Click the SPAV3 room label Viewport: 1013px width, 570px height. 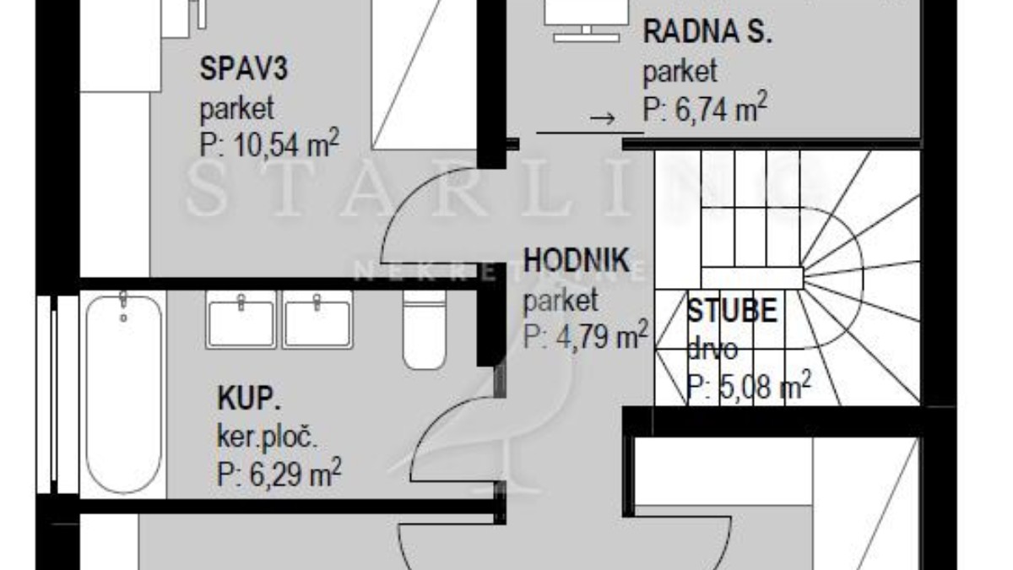point(243,69)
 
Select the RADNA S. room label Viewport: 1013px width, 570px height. point(707,32)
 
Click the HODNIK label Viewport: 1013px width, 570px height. point(576,260)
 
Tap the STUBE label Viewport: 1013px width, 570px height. point(732,311)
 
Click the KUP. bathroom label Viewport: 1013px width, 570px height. point(249,398)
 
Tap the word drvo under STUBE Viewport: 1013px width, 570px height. point(712,349)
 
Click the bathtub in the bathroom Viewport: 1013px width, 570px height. point(123,393)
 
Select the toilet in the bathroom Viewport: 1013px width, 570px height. point(424,329)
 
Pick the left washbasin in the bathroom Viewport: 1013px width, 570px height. point(241,319)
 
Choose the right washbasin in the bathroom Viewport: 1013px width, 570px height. point(317,319)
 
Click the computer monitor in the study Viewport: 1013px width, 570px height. point(587,20)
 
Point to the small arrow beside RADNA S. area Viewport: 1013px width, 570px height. point(603,118)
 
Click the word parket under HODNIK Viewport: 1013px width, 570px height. point(561,301)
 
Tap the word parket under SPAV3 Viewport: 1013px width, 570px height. point(237,109)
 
